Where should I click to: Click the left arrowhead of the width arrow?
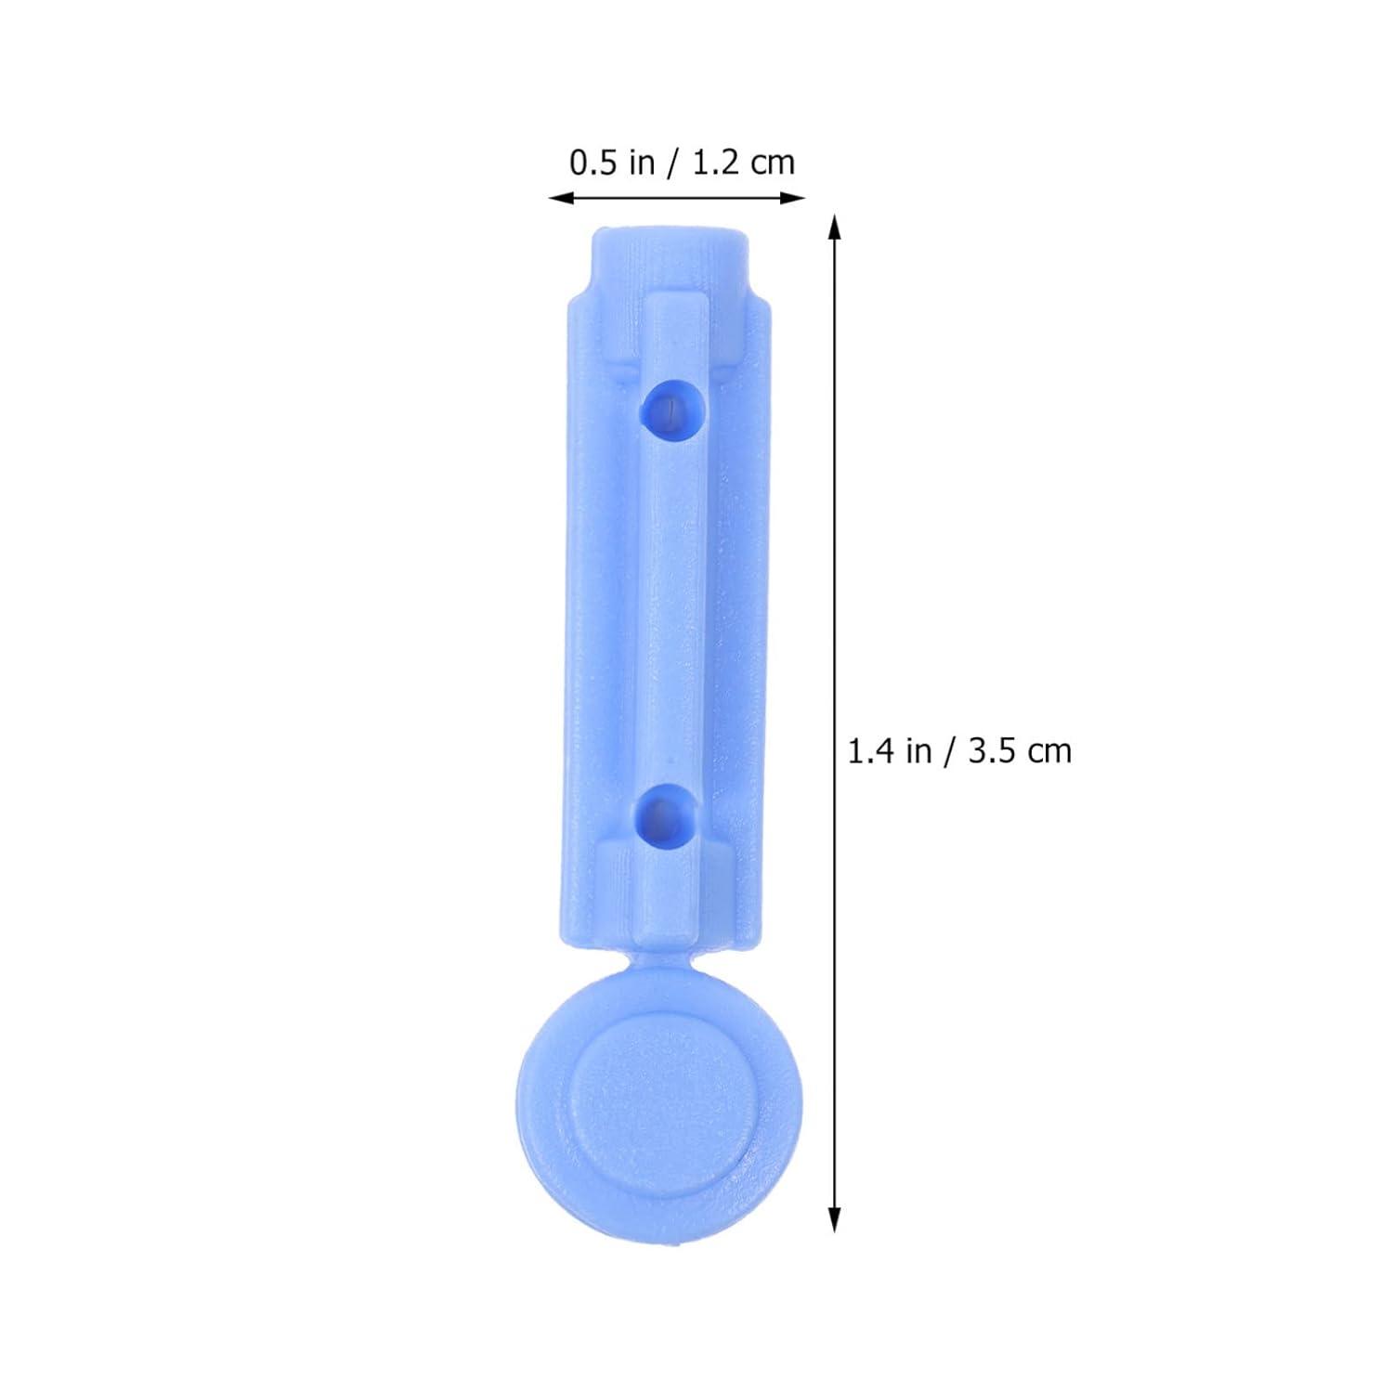559,196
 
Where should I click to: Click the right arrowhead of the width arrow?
794,196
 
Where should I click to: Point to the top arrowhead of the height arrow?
835,227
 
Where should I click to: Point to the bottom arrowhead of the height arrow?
835,1220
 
